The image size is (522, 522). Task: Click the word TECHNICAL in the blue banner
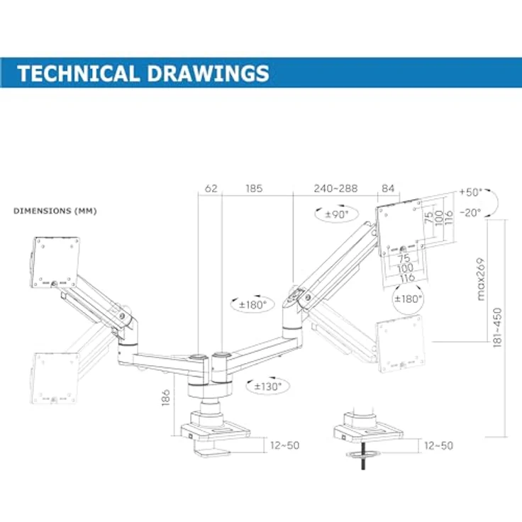pyautogui.click(x=78, y=73)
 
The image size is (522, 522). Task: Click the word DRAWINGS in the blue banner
pyautogui.click(x=208, y=73)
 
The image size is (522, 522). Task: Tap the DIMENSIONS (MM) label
pyautogui.click(x=55, y=211)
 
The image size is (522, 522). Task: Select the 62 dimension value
pyautogui.click(x=211, y=189)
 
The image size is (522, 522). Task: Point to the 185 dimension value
pyautogui.click(x=254, y=189)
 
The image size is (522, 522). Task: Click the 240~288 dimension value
pyautogui.click(x=335, y=189)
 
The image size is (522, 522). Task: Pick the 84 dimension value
pyautogui.click(x=388, y=189)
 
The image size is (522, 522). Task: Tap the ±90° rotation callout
pyautogui.click(x=337, y=214)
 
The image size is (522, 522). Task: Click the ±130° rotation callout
pyautogui.click(x=267, y=387)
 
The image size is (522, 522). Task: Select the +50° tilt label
pyautogui.click(x=470, y=192)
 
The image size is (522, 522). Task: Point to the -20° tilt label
pyautogui.click(x=470, y=212)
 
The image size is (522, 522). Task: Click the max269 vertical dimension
pyautogui.click(x=480, y=279)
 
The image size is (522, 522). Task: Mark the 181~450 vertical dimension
pyautogui.click(x=497, y=328)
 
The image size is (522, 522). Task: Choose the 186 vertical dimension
pyautogui.click(x=165, y=398)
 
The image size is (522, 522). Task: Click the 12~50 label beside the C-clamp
pyautogui.click(x=284, y=445)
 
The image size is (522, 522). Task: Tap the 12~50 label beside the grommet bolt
pyautogui.click(x=439, y=446)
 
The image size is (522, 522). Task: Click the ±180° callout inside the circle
pyautogui.click(x=408, y=299)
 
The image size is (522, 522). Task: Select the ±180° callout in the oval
pyautogui.click(x=252, y=304)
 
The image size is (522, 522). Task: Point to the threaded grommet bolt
pyautogui.click(x=363, y=456)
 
